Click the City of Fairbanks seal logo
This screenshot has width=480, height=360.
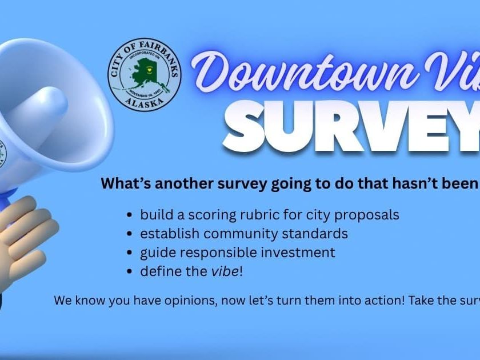[x=144, y=75]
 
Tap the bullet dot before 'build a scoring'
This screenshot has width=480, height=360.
[x=130, y=215]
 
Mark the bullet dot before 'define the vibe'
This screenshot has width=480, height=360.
[x=130, y=272]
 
